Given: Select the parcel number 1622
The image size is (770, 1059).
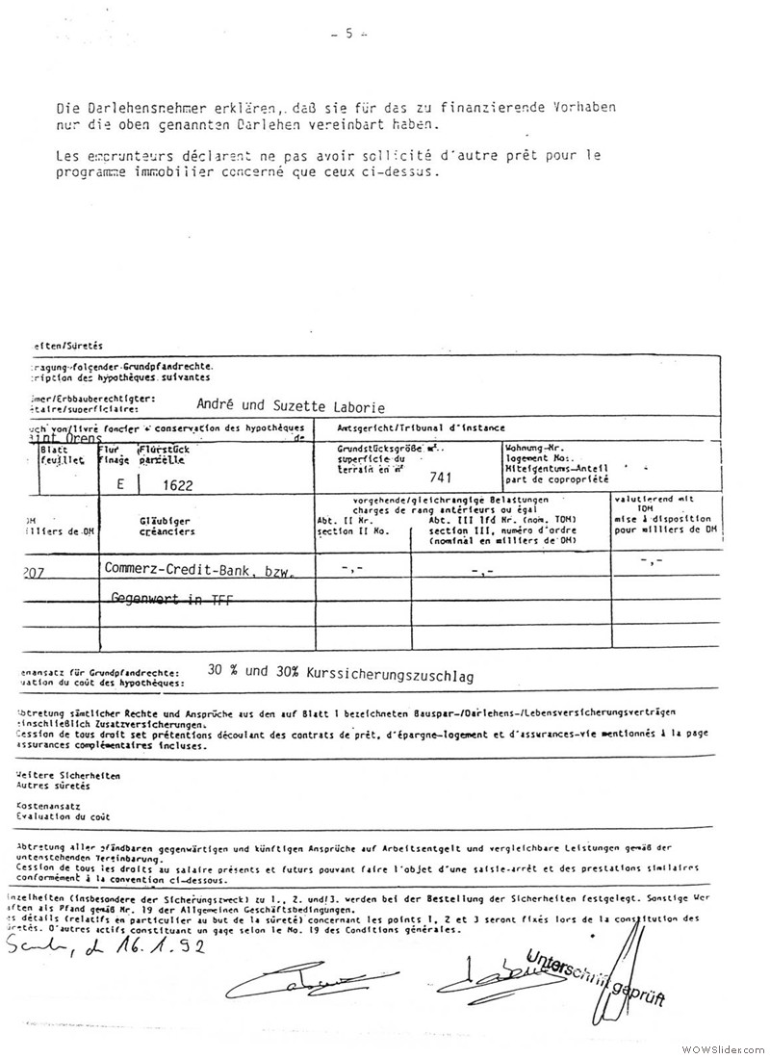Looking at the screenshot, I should [x=178, y=487].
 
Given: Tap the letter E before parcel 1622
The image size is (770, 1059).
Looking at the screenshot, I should [x=120, y=486].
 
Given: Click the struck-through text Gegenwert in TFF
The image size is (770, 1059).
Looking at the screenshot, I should [x=171, y=600].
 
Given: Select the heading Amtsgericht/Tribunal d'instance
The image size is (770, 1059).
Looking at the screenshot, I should [x=422, y=427].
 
